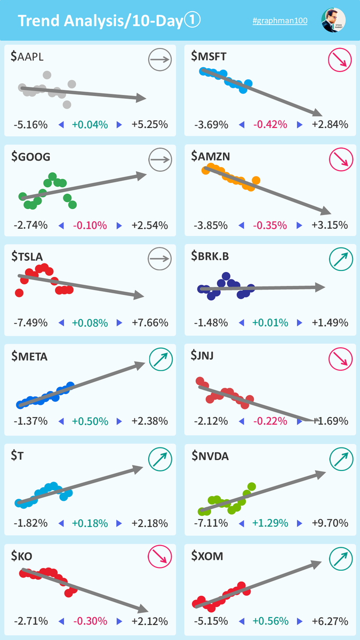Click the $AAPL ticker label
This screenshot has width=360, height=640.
coord(27,57)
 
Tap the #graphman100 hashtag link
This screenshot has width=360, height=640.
coord(280,21)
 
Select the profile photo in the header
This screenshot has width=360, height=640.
coord(333,20)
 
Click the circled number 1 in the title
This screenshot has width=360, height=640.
coord(192,20)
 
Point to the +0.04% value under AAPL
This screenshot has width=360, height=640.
coord(90,125)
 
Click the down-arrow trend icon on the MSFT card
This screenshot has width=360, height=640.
coord(340,60)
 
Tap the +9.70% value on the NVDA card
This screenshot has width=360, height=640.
coord(330,523)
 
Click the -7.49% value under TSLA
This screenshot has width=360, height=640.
coord(30,323)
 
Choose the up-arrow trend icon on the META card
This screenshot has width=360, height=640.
coord(161,359)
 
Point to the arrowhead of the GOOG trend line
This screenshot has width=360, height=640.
coord(141,175)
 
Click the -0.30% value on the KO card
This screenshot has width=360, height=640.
coord(90,621)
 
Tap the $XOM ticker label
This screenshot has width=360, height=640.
coord(207,556)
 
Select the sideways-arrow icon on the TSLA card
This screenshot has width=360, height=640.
coord(159,259)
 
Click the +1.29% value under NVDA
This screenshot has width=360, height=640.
coord(270,523)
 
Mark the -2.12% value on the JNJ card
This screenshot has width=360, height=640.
coord(211,421)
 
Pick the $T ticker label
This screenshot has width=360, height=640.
coord(18,455)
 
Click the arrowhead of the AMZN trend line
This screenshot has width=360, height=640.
coord(326,211)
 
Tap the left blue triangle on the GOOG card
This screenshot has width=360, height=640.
coord(61,226)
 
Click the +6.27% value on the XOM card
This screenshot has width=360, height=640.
coord(330,621)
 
